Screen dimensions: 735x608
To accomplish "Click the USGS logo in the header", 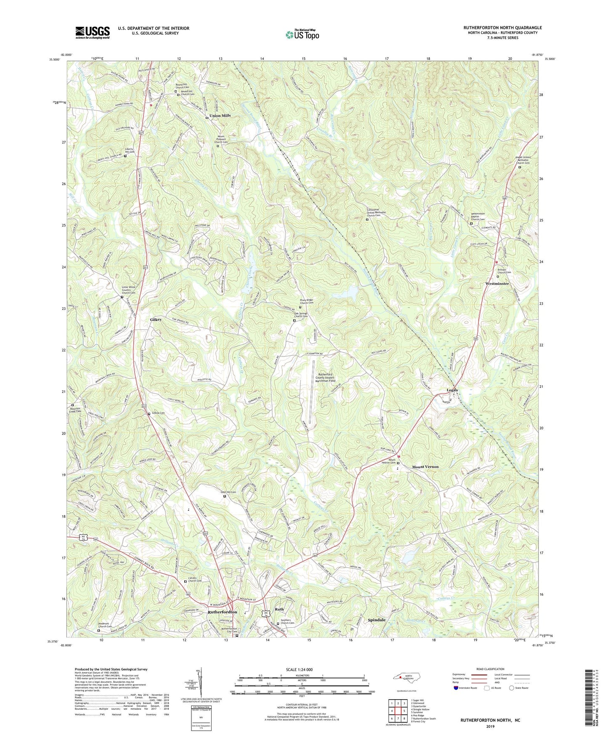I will click(93, 32).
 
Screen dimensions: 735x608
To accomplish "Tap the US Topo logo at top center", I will click(302, 35).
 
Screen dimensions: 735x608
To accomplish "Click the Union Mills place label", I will click(220, 116).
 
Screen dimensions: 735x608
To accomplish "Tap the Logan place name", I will click(452, 391).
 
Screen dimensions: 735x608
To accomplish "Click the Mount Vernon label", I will click(425, 467).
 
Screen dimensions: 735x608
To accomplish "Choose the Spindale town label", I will click(377, 620).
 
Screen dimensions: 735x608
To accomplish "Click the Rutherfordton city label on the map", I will click(222, 612).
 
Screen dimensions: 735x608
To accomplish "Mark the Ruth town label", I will click(279, 609).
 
